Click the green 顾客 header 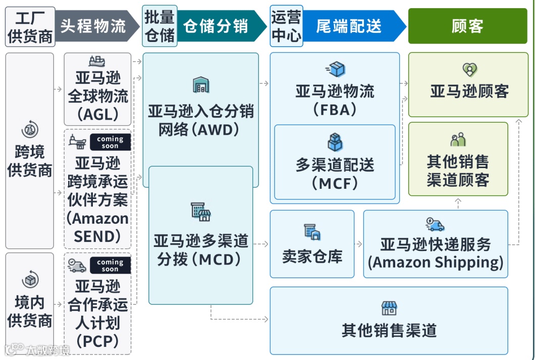pos(467,26)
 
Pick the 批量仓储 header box pos(159,26)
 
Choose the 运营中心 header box pos(286,26)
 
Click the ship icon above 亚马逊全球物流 pos(97,62)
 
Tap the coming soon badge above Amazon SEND pos(110,142)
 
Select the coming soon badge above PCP pos(110,265)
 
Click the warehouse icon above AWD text pos(201,85)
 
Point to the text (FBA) pos(334,110)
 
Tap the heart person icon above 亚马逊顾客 pos(469,69)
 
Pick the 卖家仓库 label pos(312,256)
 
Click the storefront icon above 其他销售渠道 pos(389,308)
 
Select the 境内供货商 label pos(30,312)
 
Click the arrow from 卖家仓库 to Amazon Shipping pos(358,244)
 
